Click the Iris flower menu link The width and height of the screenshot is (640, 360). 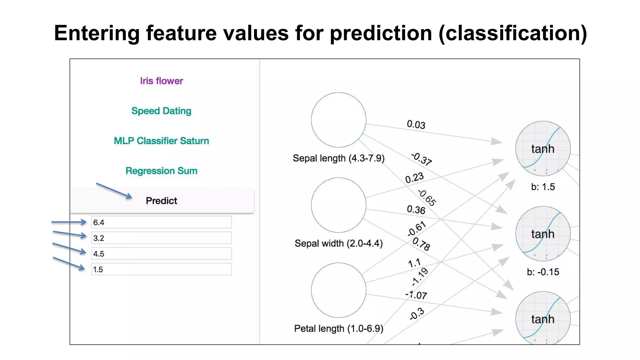tap(161, 81)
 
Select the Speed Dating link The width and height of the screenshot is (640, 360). tap(161, 111)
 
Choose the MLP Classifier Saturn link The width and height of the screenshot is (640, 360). tap(161, 141)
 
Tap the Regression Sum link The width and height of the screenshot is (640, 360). tap(161, 171)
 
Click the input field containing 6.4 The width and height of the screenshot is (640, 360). tap(161, 222)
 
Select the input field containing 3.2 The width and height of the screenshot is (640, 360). tap(161, 238)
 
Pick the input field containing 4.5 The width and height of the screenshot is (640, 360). tap(161, 254)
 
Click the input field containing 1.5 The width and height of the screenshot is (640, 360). tap(161, 269)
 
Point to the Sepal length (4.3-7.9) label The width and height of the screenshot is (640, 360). tap(338, 158)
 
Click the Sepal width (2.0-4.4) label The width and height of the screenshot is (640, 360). tap(338, 243)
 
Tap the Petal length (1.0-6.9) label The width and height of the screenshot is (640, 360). tap(338, 329)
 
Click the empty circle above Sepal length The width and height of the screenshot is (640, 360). tap(338, 120)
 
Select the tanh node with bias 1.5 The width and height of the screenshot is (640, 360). tap(543, 149)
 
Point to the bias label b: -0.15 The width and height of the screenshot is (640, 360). tap(543, 272)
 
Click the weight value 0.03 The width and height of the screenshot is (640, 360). tap(416, 125)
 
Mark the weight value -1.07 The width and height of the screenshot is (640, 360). tap(416, 295)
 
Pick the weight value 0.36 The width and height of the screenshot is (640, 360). tap(416, 210)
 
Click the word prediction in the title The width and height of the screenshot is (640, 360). tap(381, 33)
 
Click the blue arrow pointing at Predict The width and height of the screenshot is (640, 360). tap(114, 191)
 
